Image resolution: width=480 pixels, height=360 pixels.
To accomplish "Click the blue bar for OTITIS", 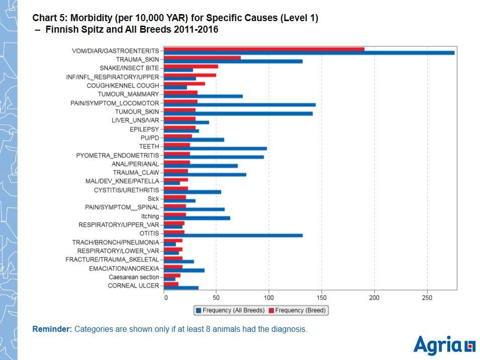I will pyautogui.click(x=233, y=235).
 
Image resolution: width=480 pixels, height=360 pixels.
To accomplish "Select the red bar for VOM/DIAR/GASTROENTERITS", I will pyautogui.click(x=264, y=49).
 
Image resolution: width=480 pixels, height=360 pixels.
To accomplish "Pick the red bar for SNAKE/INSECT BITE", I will pyautogui.click(x=191, y=66).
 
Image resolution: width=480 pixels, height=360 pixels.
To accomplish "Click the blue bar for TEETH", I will pyautogui.click(x=215, y=148).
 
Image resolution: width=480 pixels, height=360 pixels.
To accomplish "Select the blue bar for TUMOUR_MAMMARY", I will pyautogui.click(x=203, y=96).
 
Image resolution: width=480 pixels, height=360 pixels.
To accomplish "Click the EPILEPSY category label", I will pyautogui.click(x=144, y=129).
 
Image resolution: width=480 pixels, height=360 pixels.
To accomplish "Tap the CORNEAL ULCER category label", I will pyautogui.click(x=133, y=286).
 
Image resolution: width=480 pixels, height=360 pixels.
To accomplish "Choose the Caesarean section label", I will pyautogui.click(x=134, y=277).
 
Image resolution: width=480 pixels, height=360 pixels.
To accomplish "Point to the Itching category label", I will pyautogui.click(x=150, y=216).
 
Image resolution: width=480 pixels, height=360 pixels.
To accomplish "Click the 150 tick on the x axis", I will pyautogui.click(x=322, y=298).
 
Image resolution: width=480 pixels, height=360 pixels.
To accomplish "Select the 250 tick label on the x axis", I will pyautogui.click(x=427, y=298).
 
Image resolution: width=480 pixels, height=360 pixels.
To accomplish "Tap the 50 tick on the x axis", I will pyautogui.click(x=216, y=298).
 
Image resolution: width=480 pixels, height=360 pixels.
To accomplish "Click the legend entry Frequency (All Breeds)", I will pyautogui.click(x=230, y=311).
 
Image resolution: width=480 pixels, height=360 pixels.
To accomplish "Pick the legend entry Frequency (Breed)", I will pyautogui.click(x=297, y=311).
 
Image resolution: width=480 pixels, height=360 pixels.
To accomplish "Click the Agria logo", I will pyautogui.click(x=444, y=345).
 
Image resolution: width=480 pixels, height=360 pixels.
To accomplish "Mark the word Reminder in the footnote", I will pyautogui.click(x=52, y=329).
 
